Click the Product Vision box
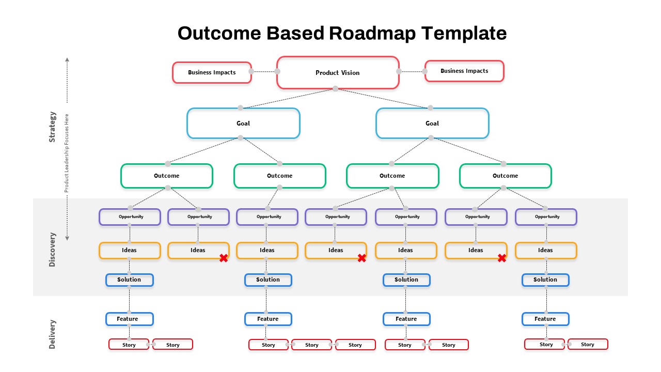(338, 73)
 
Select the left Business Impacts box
(212, 72)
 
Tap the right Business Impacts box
(464, 71)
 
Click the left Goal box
(243, 123)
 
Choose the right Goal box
(432, 123)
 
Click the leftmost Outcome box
(167, 176)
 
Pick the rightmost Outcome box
(505, 176)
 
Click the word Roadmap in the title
(372, 33)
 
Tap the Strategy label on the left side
(52, 127)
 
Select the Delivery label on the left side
(52, 334)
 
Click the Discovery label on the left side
(52, 249)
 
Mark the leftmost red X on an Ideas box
(224, 258)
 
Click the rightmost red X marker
(501, 258)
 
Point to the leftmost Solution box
(130, 280)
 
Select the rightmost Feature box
(545, 319)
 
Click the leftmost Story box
(129, 345)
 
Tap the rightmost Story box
(588, 344)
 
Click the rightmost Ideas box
(546, 251)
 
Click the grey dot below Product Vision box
(335, 89)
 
